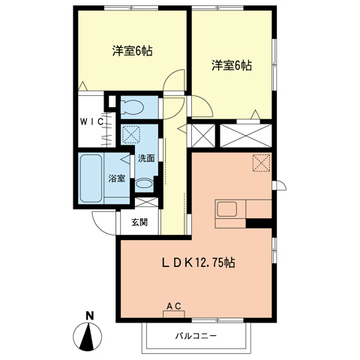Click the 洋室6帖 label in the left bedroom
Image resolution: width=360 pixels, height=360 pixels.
click(x=133, y=52)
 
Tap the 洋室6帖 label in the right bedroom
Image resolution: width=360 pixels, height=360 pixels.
click(x=230, y=65)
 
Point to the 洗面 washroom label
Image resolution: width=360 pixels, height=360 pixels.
click(x=146, y=158)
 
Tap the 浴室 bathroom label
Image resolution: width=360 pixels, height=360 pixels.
click(x=116, y=178)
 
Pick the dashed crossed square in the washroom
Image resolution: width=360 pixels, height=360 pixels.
click(x=131, y=134)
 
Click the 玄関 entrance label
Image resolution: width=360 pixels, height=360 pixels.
click(x=139, y=223)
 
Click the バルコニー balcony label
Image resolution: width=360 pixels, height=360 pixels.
click(x=196, y=335)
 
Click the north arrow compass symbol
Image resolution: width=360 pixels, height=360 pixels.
click(x=88, y=335)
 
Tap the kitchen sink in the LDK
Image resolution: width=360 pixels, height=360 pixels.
click(x=227, y=210)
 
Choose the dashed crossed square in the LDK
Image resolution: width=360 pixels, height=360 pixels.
click(x=262, y=162)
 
